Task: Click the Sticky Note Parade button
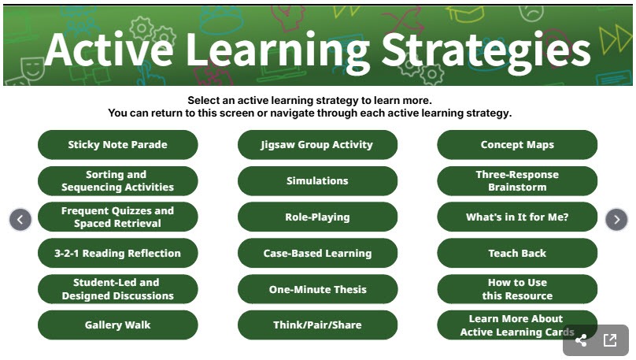point(117,145)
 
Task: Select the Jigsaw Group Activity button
point(317,145)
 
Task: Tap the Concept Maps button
point(517,145)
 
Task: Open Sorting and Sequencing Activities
point(117,181)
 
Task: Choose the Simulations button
point(317,181)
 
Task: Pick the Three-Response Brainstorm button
point(517,181)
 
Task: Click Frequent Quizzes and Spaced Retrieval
point(117,217)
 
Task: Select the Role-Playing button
point(317,217)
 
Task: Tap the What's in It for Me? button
point(517,217)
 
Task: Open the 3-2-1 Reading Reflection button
point(117,254)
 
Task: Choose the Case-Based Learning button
point(317,254)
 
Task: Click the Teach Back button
point(517,254)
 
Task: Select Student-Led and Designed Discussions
point(117,290)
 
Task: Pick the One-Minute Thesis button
point(317,290)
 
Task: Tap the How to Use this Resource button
point(517,290)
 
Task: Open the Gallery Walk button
point(117,325)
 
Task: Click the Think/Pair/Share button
point(317,325)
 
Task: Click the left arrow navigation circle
point(20,219)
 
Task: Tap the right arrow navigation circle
point(616,219)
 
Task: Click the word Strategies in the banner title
point(486,50)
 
